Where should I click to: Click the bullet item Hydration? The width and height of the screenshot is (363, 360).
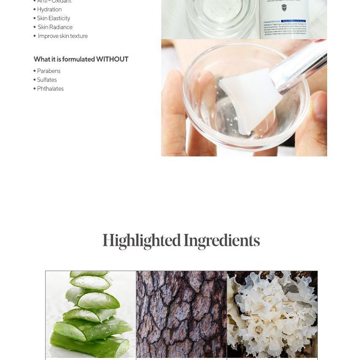pos(49,9)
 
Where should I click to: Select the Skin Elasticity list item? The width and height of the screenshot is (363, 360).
pos(53,18)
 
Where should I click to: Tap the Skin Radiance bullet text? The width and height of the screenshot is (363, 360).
pos(55,27)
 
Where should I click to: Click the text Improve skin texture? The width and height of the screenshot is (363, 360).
pos(62,36)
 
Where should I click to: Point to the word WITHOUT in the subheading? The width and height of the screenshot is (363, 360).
pos(112,59)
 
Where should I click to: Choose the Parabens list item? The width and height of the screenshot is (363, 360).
pos(49,71)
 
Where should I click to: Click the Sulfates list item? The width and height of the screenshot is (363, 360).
pos(46,80)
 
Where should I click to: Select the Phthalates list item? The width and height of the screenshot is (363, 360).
pos(50,89)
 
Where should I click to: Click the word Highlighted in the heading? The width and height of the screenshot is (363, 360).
pos(141,241)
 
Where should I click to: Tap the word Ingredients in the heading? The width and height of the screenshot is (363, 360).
pos(222,241)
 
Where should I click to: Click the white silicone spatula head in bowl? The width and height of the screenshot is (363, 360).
pos(249,99)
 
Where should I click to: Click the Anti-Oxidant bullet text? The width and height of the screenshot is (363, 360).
pos(54,2)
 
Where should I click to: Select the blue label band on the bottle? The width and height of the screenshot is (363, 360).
pos(284,21)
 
